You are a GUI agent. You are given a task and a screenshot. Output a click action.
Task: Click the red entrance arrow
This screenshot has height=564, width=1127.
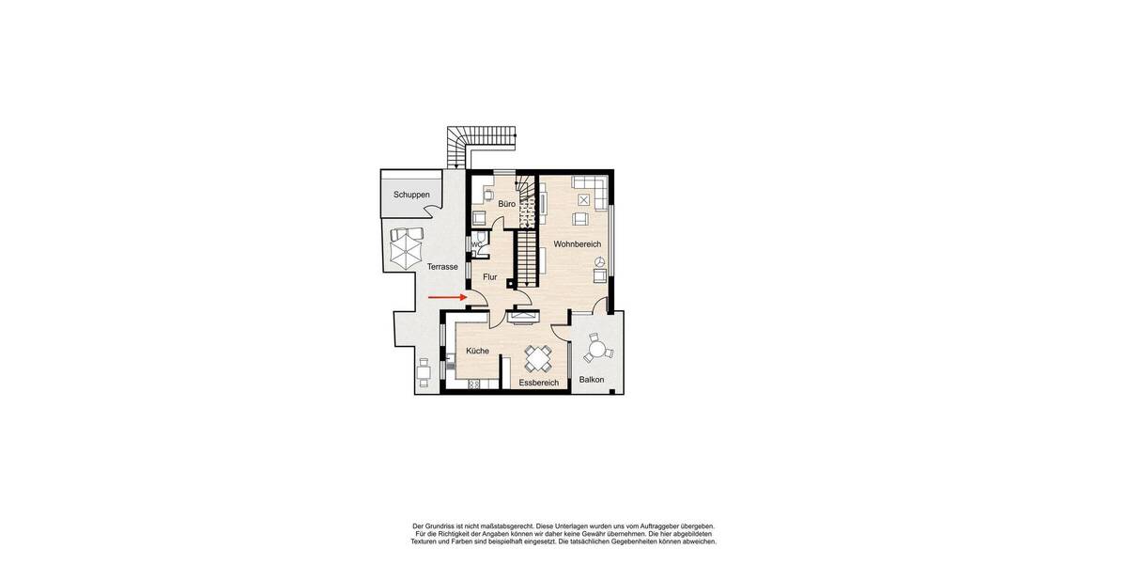click(x=448, y=297)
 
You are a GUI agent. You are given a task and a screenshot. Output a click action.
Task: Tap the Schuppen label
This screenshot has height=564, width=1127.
click(x=411, y=195)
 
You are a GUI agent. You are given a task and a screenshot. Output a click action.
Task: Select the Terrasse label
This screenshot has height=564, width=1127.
click(x=442, y=267)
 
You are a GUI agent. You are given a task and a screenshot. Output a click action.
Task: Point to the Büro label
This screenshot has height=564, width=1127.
click(x=506, y=203)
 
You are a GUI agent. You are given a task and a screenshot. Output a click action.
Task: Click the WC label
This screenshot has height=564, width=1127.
click(x=476, y=244)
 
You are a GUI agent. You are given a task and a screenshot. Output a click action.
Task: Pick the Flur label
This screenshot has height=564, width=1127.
click(x=489, y=277)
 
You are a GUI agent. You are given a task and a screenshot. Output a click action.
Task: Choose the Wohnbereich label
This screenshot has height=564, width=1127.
click(x=577, y=244)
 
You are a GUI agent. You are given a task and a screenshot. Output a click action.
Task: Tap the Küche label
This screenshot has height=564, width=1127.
click(x=477, y=351)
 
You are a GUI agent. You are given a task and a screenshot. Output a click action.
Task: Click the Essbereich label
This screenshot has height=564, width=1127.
click(x=538, y=383)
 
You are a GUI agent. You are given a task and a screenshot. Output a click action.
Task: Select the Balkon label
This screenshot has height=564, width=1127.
click(x=592, y=380)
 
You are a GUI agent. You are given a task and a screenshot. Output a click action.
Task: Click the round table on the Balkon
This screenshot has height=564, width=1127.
click(x=595, y=350)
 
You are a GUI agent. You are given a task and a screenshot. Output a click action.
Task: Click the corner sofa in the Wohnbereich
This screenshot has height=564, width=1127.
click(x=591, y=182)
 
